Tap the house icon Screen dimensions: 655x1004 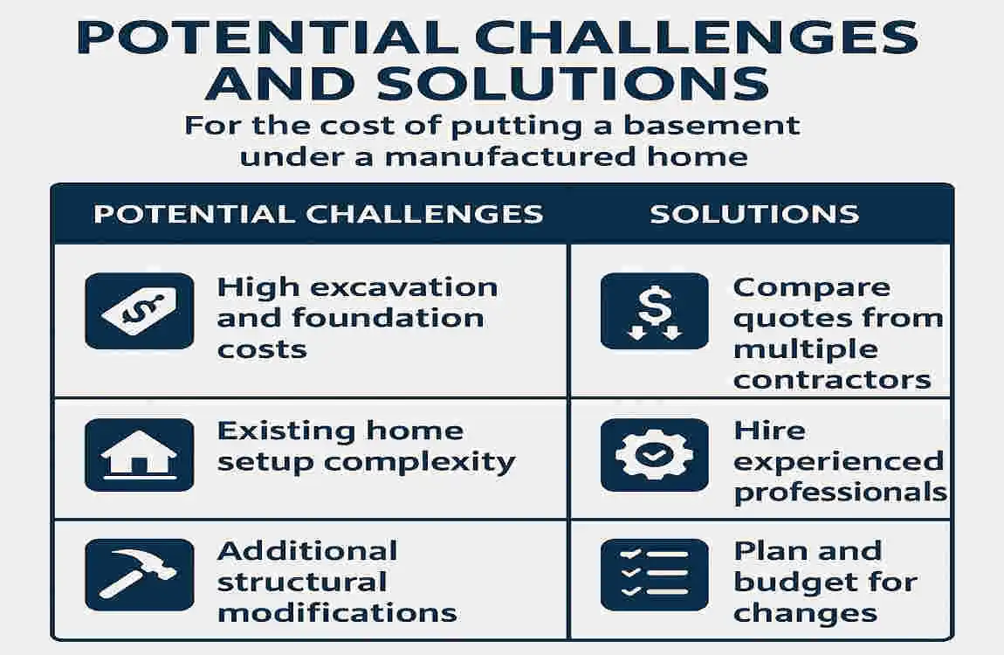point(139,455)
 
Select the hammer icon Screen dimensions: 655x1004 point(139,575)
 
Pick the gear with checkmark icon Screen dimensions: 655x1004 point(655,455)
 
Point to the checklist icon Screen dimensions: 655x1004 point(655,575)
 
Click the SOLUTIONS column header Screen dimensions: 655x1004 point(754,214)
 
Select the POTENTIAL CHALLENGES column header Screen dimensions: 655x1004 point(318,214)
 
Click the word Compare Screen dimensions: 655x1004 point(799,287)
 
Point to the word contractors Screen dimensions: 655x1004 point(832,381)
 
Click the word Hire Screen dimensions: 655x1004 point(769,431)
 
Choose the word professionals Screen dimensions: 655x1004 point(840,493)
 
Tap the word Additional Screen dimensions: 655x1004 point(307,551)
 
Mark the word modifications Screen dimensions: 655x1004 point(337,612)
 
